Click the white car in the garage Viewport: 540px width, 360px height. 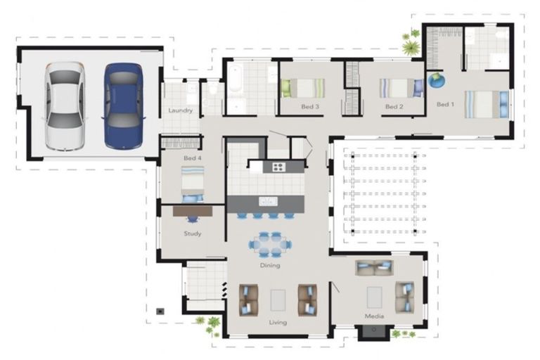click(x=65, y=105)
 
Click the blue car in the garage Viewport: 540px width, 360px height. click(x=123, y=105)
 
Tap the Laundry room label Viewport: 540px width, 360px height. click(x=181, y=110)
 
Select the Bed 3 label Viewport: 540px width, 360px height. click(x=310, y=107)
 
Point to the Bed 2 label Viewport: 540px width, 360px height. click(x=394, y=107)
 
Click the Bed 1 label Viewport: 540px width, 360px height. click(x=444, y=105)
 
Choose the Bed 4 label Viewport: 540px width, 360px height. click(x=193, y=158)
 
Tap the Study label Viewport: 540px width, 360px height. click(x=193, y=233)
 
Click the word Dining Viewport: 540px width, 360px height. click(x=270, y=265)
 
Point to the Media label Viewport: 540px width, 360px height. click(x=374, y=316)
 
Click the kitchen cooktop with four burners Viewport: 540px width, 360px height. click(x=278, y=167)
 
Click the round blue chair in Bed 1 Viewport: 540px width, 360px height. click(x=437, y=80)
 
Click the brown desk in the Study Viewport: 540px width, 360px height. click(x=193, y=210)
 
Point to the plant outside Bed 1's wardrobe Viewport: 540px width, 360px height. click(x=411, y=47)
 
